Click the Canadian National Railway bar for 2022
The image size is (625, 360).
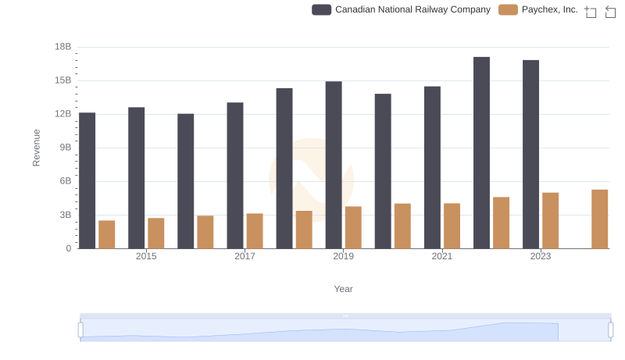(x=481, y=153)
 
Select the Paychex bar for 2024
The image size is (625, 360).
(x=599, y=219)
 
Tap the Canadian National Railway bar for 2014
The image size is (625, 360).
(x=87, y=180)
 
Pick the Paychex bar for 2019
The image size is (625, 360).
(x=353, y=227)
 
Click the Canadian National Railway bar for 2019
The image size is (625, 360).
(x=334, y=165)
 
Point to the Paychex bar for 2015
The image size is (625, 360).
(x=156, y=233)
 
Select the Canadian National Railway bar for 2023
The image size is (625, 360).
(x=531, y=155)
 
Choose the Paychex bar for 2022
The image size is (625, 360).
(x=501, y=223)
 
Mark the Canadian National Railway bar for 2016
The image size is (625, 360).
(x=186, y=181)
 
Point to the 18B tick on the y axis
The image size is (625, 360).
(x=62, y=47)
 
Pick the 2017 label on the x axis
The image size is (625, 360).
(x=245, y=256)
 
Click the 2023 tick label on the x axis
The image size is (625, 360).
(x=541, y=256)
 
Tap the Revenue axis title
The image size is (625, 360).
(x=36, y=148)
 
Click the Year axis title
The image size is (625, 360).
(x=344, y=289)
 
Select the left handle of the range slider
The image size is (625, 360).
(x=80, y=330)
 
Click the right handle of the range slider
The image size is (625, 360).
(x=610, y=330)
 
